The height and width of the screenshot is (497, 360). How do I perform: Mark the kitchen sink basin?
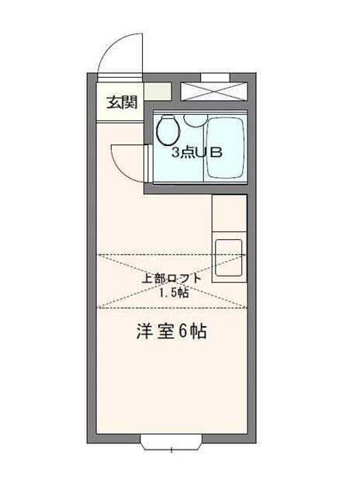tap(228, 256)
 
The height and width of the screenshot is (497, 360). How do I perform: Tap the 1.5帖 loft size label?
tap(172, 293)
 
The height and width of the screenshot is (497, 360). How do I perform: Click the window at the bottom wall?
tap(171, 444)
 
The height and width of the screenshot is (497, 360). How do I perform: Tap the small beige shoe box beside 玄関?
tap(157, 91)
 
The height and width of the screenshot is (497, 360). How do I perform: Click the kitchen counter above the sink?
tap(229, 215)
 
